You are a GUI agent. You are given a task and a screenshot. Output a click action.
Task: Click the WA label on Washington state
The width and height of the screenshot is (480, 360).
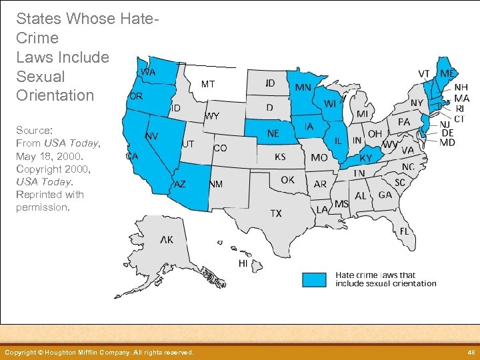148,71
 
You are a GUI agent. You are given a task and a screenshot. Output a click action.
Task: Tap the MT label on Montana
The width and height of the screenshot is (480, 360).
208,85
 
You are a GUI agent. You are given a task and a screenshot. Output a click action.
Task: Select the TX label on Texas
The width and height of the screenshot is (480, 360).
275,213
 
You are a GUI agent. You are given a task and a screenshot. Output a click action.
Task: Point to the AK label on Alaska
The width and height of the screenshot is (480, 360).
167,239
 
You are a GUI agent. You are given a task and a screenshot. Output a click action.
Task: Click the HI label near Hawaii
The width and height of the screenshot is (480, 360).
243,264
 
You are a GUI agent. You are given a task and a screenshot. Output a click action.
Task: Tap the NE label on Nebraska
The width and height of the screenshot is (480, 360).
273,133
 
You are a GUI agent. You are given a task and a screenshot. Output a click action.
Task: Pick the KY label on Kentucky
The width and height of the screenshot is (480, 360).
366,159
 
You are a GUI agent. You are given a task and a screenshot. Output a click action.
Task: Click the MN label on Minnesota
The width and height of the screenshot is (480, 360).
303,88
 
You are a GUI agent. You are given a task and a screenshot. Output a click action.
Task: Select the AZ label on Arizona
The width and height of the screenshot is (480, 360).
180,184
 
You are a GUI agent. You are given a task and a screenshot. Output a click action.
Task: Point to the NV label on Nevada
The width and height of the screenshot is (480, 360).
152,136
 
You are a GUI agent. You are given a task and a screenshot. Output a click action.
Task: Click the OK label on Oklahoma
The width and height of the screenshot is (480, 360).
287,179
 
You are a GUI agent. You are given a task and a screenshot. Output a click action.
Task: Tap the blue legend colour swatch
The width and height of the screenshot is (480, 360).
314,279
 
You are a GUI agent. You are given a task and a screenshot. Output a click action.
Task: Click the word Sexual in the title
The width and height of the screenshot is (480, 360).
40,76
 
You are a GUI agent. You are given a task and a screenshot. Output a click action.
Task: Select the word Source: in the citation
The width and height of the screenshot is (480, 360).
35,131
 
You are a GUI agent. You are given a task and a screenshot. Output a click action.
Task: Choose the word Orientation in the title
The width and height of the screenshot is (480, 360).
55,95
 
